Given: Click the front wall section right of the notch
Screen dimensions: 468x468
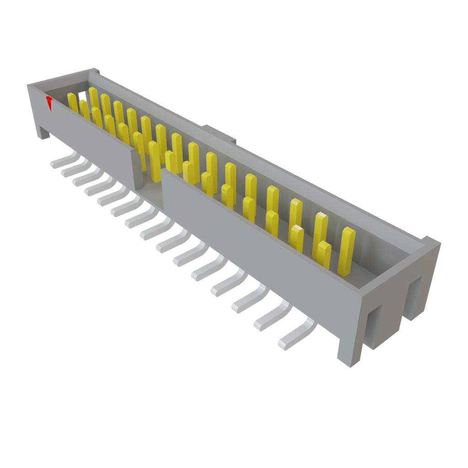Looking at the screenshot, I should click(256, 229).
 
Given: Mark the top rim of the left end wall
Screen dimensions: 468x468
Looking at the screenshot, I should click(59, 78).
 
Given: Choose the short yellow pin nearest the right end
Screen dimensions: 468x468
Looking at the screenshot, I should click(324, 254).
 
